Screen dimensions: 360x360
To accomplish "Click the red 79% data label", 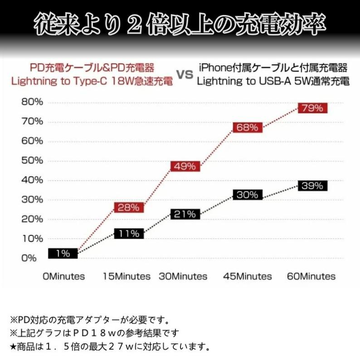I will (x=312, y=108).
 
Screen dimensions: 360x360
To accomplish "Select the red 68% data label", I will (x=247, y=127).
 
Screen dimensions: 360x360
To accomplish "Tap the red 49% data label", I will (x=185, y=166).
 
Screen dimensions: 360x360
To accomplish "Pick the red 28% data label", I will (x=129, y=208).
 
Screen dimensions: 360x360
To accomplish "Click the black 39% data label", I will (x=312, y=185).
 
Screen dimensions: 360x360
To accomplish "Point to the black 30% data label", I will (x=247, y=195).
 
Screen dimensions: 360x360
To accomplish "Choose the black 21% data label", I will (x=185, y=214).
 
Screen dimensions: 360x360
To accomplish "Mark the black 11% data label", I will (x=129, y=234).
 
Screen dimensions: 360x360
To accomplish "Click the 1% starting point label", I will (x=63, y=253).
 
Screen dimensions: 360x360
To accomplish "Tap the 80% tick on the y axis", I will (x=32, y=102).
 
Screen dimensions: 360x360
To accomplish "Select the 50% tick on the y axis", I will (x=32, y=161).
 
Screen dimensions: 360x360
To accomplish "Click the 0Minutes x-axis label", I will (x=64, y=276).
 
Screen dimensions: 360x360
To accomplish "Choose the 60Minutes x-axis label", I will (x=312, y=276).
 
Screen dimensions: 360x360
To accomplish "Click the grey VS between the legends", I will (x=185, y=75).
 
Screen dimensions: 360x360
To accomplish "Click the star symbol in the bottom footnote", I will (x=13, y=347).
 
